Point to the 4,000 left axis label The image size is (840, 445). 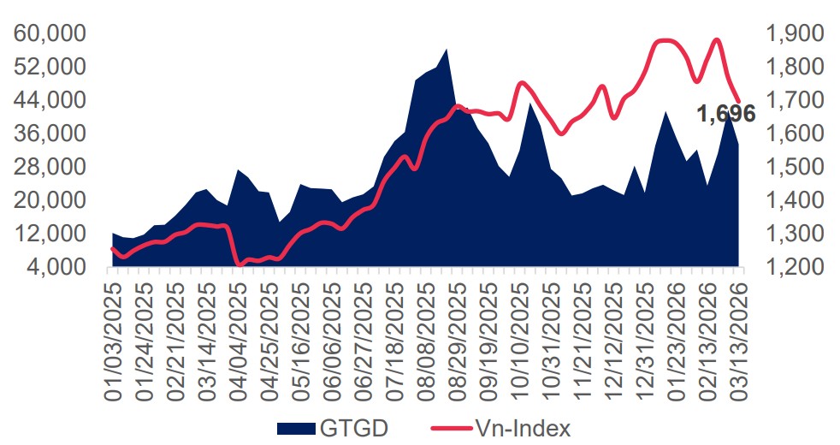(x=59, y=267)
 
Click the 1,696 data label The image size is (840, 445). (x=725, y=113)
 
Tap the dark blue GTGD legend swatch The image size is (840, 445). (x=300, y=427)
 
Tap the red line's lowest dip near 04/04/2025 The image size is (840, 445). (x=240, y=264)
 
